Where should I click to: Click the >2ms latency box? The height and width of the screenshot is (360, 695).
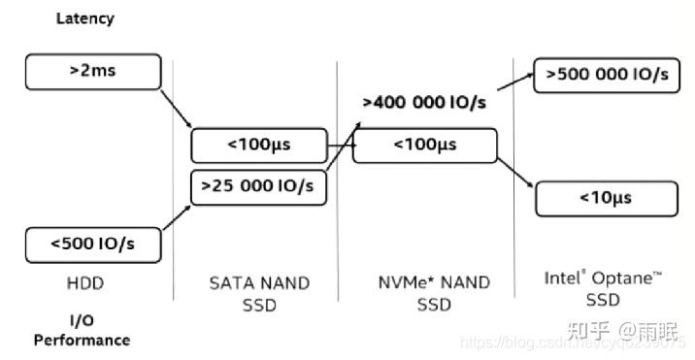pos(92,71)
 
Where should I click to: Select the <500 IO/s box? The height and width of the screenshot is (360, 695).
pos(92,245)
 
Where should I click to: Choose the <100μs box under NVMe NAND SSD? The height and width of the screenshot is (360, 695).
pos(423,146)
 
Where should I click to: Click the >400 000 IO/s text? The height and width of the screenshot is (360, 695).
pos(424,102)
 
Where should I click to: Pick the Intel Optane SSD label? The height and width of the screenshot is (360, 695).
pos(603,287)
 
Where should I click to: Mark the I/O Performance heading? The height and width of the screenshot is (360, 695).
pos(82,330)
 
